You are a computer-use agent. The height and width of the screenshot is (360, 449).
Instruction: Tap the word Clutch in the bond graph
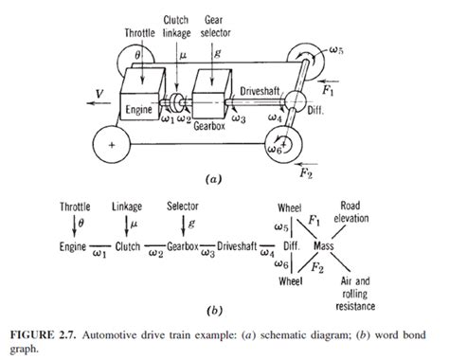tap(126, 245)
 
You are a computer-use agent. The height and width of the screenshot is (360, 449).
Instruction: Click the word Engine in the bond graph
tap(73, 245)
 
